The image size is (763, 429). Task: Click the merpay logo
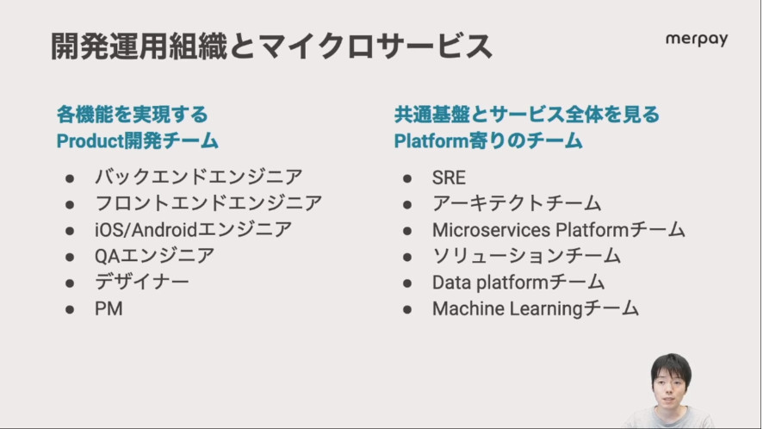click(697, 39)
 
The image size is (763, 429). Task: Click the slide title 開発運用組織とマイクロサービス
click(271, 47)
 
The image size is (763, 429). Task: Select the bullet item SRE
click(449, 177)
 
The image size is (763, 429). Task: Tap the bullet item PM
click(109, 308)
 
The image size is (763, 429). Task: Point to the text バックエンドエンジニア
click(199, 177)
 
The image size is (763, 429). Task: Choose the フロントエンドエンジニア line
click(208, 203)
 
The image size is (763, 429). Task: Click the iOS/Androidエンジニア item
click(193, 229)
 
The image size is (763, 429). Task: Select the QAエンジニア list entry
click(154, 256)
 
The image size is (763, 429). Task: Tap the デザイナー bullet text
click(141, 282)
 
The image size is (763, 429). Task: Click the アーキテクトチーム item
click(517, 203)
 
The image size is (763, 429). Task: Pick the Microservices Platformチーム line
click(559, 229)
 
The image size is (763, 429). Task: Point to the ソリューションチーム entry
click(526, 256)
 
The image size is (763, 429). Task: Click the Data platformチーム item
click(518, 282)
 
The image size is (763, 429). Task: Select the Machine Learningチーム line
click(536, 308)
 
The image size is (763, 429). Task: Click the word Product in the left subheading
click(90, 141)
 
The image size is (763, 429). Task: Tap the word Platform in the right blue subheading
click(431, 141)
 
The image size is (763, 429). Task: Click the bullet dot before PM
click(70, 309)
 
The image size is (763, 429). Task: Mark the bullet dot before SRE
click(407, 178)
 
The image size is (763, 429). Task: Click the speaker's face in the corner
click(671, 386)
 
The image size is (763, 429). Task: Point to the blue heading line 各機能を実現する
click(133, 115)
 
